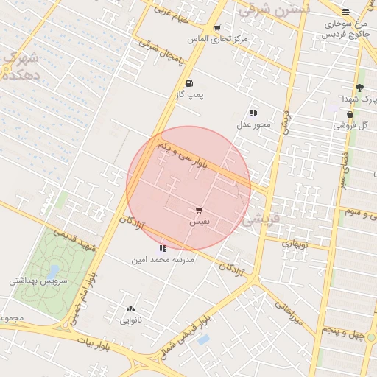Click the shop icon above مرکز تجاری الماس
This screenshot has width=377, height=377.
click(216, 28)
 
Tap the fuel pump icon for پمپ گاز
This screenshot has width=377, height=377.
click(190, 84)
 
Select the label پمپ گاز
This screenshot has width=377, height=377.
click(193, 96)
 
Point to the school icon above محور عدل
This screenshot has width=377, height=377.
click(253, 113)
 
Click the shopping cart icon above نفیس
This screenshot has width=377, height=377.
click(199, 210)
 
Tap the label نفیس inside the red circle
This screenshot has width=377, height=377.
click(200, 221)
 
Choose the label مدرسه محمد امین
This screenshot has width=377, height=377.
click(163, 260)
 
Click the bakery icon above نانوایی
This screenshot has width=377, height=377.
click(131, 309)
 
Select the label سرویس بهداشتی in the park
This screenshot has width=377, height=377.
click(38, 281)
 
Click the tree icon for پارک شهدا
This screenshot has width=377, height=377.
click(359, 88)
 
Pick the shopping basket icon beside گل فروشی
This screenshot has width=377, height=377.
click(350, 115)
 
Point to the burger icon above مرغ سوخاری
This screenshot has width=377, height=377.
click(345, 12)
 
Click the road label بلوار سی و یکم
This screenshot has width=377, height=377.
click(179, 157)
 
